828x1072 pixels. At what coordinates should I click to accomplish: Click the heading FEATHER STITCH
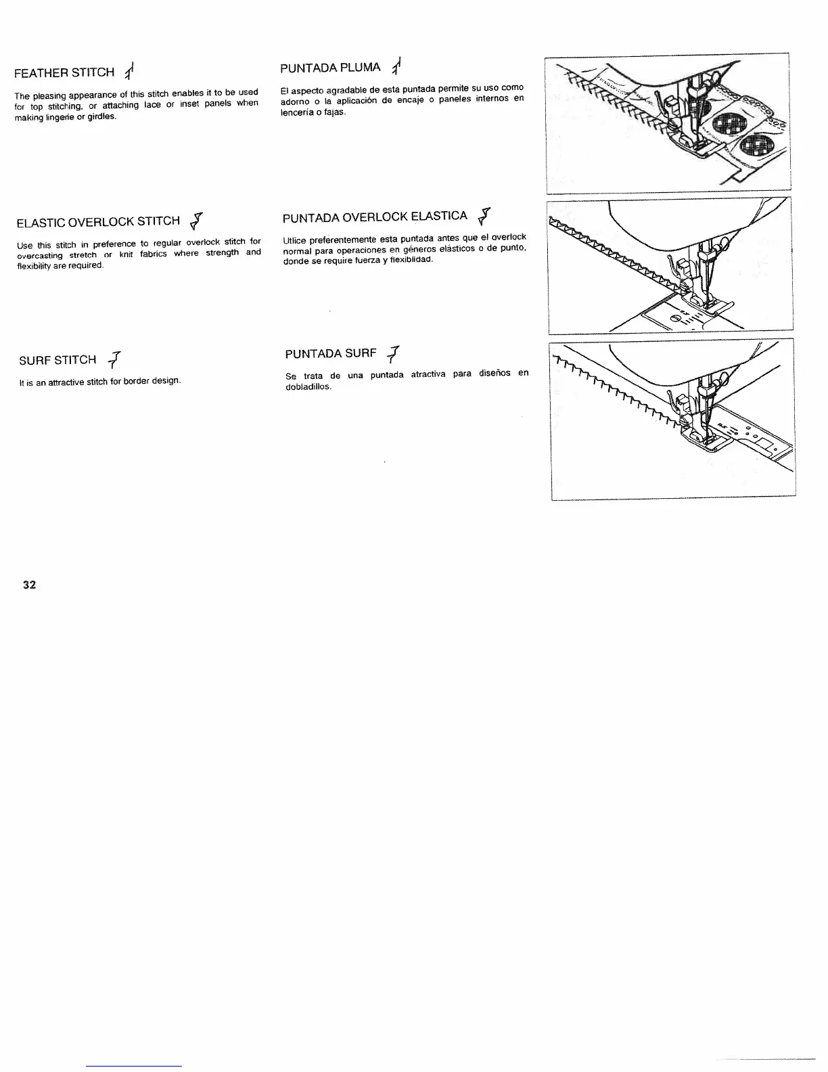click(65, 72)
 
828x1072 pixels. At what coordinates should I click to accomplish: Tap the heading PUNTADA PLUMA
click(330, 68)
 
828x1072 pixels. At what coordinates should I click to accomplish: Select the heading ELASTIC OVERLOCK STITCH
click(97, 221)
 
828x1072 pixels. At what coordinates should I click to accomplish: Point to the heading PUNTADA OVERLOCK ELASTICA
click(375, 217)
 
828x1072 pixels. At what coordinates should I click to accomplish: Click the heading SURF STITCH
click(57, 359)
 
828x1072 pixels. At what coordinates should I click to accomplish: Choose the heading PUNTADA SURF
click(330, 354)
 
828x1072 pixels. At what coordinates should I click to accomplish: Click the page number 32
click(29, 585)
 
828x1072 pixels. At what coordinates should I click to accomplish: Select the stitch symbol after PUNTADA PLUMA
click(397, 66)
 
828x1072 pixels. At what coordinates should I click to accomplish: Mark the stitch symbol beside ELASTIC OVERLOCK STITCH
click(197, 220)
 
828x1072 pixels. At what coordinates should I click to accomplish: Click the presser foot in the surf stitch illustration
click(700, 439)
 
